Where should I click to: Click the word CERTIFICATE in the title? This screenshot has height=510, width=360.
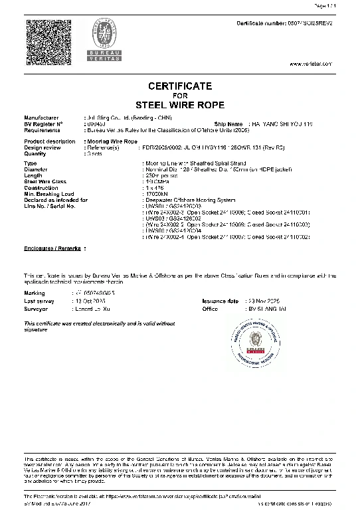179,86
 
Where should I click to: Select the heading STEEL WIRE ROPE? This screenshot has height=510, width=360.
179,105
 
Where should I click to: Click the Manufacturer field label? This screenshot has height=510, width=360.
41,118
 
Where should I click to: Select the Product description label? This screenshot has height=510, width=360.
50,141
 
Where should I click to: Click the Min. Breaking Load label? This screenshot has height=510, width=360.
51,193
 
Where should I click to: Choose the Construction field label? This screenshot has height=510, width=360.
41,187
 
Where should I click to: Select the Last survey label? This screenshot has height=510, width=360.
39,301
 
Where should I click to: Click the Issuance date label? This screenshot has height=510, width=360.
220,301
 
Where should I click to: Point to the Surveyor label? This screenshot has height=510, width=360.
36,308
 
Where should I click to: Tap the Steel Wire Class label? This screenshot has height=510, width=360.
45,181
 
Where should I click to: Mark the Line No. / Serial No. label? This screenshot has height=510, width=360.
49,206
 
